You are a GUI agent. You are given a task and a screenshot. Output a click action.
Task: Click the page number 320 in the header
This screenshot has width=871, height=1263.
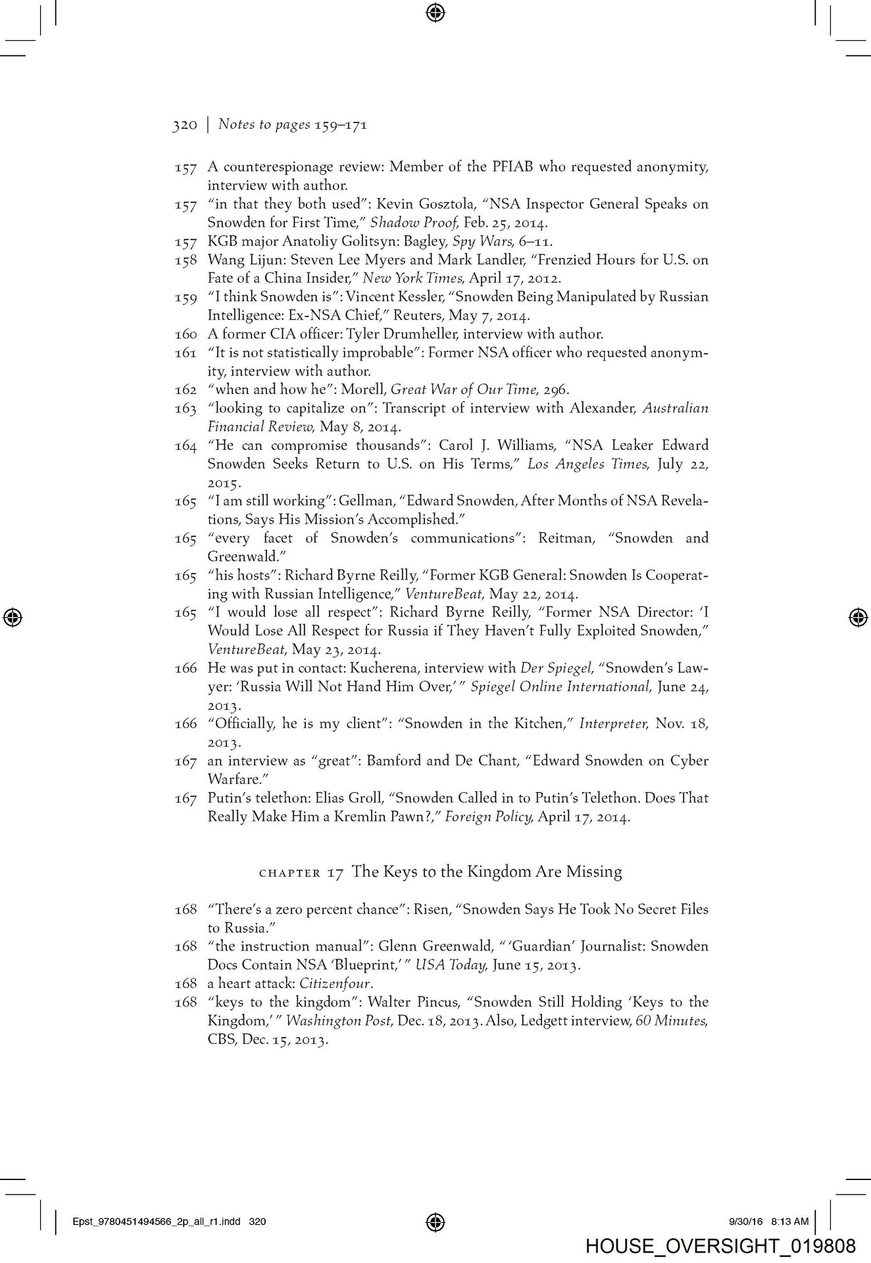[184, 125]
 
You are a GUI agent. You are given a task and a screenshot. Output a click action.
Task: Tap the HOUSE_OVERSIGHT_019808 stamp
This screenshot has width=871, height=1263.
[720, 1246]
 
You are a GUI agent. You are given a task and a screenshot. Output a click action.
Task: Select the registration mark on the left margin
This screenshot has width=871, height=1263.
[12, 617]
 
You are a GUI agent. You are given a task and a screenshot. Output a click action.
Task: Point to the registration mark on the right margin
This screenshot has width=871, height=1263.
[857, 617]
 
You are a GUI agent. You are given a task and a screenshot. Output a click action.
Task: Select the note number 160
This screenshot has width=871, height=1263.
[186, 334]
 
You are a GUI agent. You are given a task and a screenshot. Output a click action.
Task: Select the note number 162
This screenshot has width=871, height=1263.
[186, 389]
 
